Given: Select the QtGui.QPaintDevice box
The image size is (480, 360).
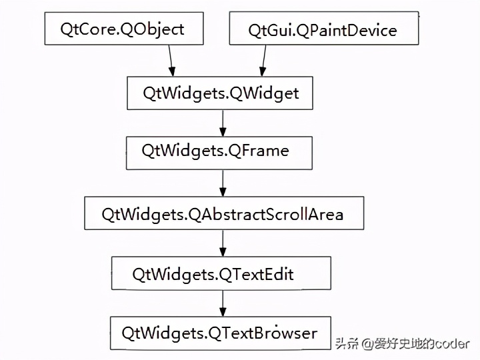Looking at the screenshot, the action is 323,31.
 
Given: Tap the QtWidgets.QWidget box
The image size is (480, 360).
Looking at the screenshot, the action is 220,93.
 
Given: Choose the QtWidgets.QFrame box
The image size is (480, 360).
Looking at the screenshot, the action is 219,151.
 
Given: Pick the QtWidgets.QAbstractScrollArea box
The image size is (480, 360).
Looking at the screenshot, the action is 223,214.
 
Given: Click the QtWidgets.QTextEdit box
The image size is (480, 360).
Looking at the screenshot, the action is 221,274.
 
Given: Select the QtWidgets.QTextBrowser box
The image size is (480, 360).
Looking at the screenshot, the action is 219,333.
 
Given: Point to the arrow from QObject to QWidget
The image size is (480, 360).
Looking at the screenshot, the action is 172,61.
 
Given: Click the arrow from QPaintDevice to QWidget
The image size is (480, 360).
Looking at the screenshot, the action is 263,61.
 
